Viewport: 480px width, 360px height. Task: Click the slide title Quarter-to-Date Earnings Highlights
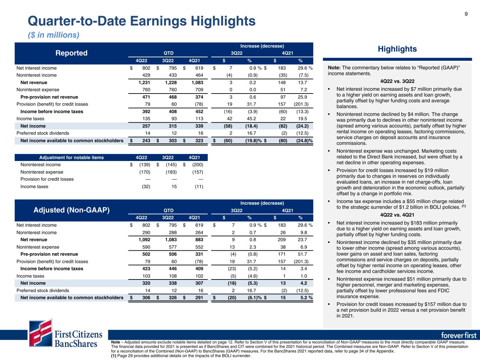[x=141, y=21]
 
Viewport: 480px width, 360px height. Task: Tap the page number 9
[x=466, y=14]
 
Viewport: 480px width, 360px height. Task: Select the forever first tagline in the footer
[x=459, y=335]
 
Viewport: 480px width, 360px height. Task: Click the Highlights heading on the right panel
[x=397, y=49]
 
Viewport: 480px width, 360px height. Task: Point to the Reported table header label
[x=71, y=53]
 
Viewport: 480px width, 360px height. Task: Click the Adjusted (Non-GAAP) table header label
[x=71, y=210]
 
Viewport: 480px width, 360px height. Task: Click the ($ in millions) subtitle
[x=53, y=35]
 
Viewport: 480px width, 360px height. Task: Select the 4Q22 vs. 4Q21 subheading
[x=397, y=215]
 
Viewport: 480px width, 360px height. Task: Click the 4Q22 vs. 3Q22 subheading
[x=397, y=81]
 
